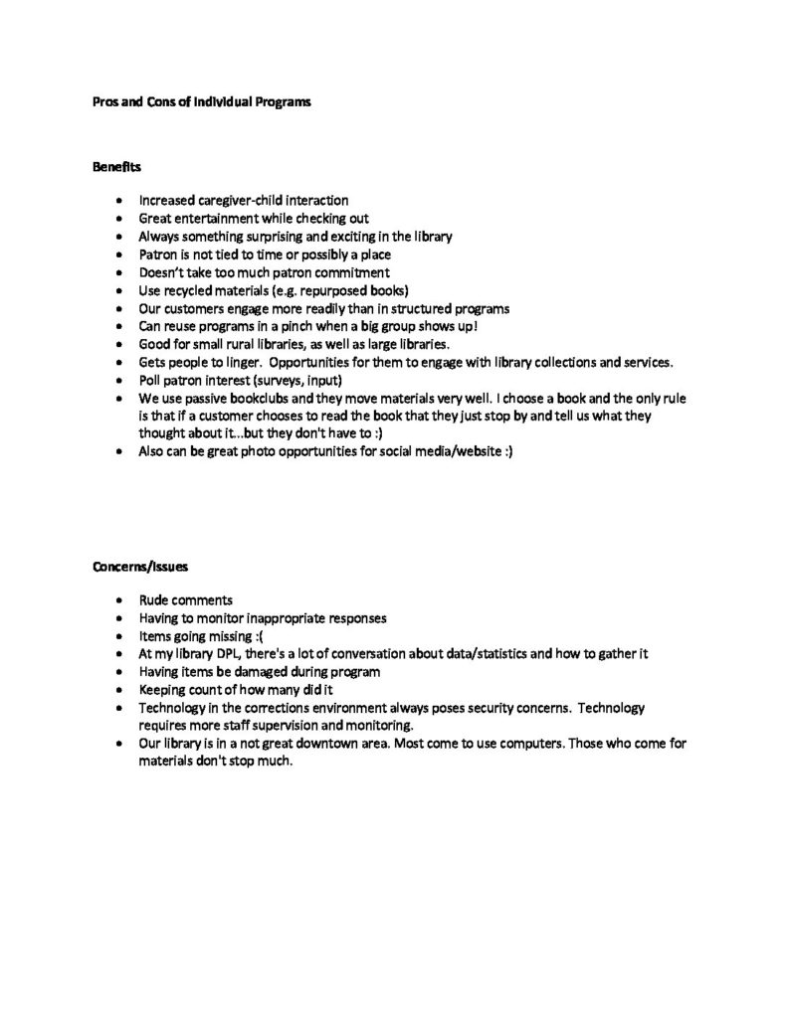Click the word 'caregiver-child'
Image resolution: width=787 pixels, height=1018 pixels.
point(247,200)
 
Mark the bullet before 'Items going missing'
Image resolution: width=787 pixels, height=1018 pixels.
point(119,636)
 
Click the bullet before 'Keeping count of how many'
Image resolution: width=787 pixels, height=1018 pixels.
point(119,690)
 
